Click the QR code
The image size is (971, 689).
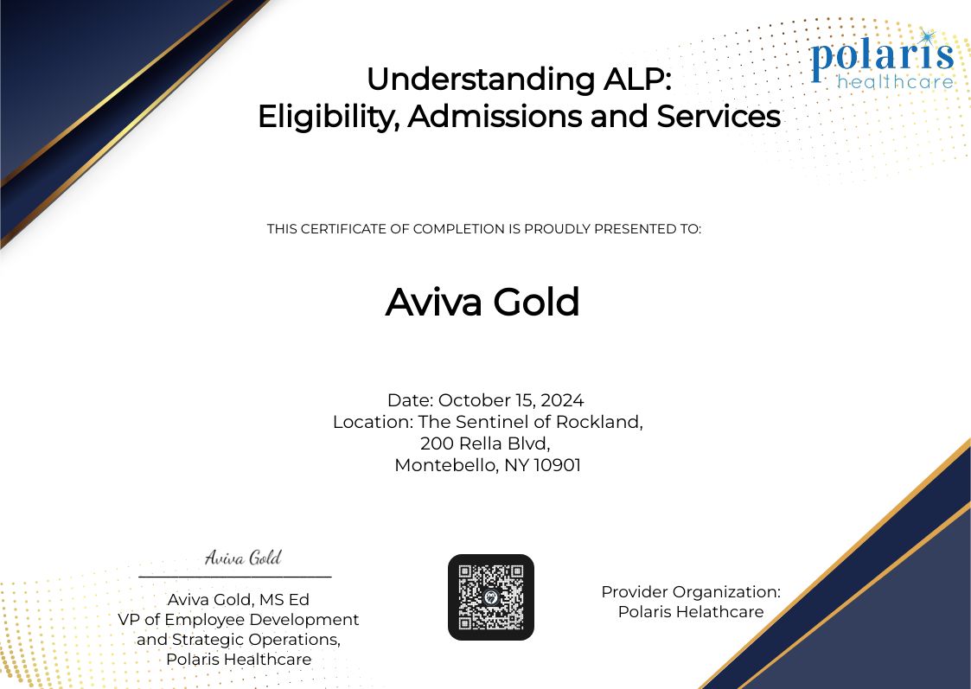pyautogui.click(x=490, y=596)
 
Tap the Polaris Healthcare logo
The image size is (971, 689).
pyautogui.click(x=882, y=60)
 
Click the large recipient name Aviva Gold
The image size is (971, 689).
pyautogui.click(x=482, y=303)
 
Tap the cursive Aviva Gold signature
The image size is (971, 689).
pyautogui.click(x=243, y=558)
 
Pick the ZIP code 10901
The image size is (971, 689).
pyautogui.click(x=557, y=465)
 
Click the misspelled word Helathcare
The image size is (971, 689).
pyautogui.click(x=721, y=612)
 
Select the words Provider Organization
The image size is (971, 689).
pyautogui.click(x=691, y=592)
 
